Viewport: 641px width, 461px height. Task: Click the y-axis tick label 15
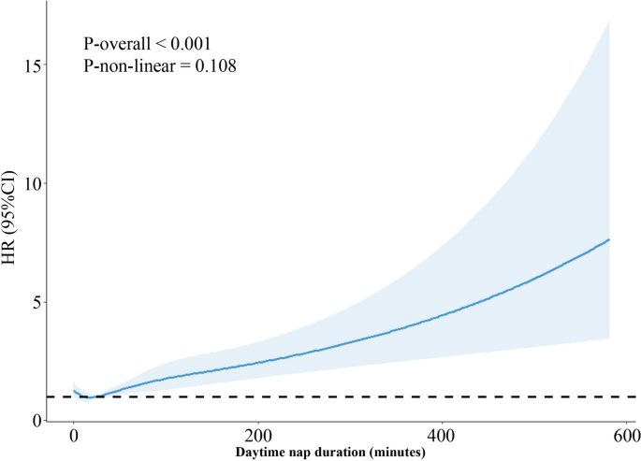pyautogui.click(x=40, y=65)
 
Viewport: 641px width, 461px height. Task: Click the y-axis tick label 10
pyautogui.click(x=40, y=183)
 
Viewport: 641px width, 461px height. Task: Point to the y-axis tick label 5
pyautogui.click(x=44, y=302)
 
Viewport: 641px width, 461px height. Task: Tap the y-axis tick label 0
pyautogui.click(x=44, y=421)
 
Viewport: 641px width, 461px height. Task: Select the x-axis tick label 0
pyautogui.click(x=74, y=437)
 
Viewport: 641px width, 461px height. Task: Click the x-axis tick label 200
pyautogui.click(x=257, y=437)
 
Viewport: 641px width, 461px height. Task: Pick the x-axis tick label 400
pyautogui.click(x=441, y=437)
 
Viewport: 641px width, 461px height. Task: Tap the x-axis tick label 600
pyautogui.click(x=624, y=437)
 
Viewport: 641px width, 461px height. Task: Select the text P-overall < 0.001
pyautogui.click(x=145, y=43)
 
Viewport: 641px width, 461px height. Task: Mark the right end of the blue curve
pyautogui.click(x=609, y=239)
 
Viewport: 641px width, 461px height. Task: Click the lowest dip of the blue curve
pyautogui.click(x=87, y=397)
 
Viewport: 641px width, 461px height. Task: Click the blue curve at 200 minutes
pyautogui.click(x=257, y=362)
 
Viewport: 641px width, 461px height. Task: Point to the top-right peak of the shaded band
pyautogui.click(x=609, y=20)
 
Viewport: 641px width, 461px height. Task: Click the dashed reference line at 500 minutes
pyautogui.click(x=532, y=396)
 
